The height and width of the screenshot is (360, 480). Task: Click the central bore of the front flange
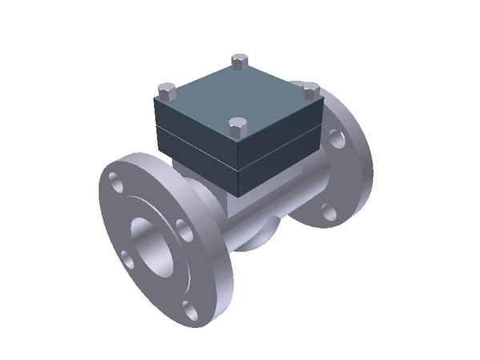(151, 245)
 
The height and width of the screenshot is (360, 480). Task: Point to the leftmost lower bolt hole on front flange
(126, 258)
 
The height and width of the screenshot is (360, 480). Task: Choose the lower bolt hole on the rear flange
(327, 211)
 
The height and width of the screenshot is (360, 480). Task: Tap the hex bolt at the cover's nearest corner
(237, 126)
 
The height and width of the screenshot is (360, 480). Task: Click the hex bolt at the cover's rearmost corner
(237, 61)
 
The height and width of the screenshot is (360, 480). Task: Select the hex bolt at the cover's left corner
(166, 89)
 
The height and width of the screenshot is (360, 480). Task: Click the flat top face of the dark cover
(240, 94)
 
